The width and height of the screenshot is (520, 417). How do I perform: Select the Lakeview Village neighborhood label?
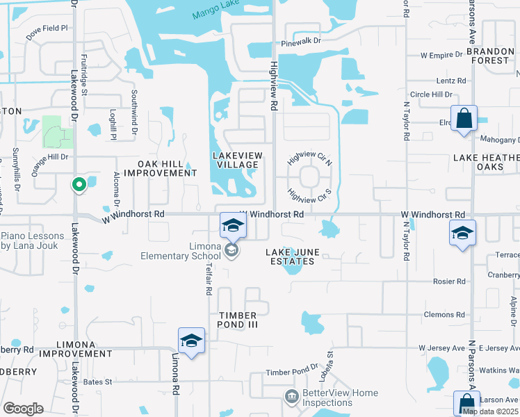236,159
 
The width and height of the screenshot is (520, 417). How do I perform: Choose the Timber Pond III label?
241,320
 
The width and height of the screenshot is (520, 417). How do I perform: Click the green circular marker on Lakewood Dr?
79,185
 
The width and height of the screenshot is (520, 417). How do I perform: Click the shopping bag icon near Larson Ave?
466,403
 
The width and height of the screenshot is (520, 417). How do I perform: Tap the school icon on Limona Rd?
191,341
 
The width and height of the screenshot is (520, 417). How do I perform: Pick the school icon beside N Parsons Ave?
462,234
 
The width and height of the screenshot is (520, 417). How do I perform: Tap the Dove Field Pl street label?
47,28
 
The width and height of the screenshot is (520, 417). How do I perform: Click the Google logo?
23,409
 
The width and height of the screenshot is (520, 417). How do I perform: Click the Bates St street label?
98,382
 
